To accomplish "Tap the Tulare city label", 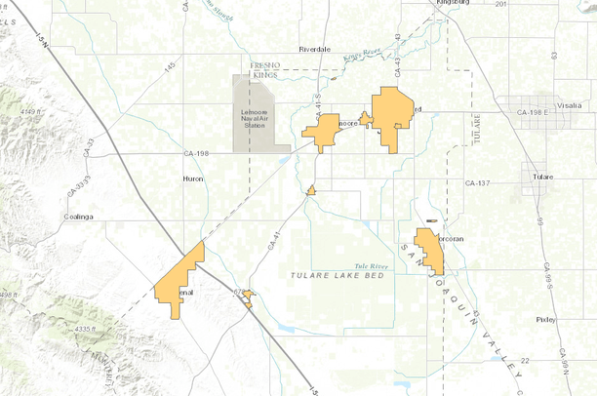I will click(x=543, y=177).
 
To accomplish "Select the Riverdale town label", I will click(x=315, y=48).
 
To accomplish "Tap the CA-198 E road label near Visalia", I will click(x=534, y=113).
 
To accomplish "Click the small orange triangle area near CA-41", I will click(x=310, y=190).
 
